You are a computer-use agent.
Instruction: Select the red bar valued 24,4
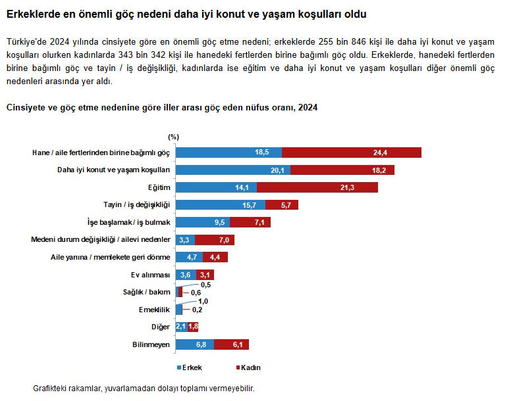tap(352, 153)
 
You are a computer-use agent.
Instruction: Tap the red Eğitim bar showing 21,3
tap(317, 187)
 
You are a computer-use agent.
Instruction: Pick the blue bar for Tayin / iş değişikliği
tap(221, 204)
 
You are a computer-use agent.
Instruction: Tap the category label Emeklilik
tap(154, 309)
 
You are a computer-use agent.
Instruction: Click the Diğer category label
tap(161, 327)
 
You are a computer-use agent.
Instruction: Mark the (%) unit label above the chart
tap(173, 137)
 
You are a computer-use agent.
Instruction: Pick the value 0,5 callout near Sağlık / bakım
tap(205, 285)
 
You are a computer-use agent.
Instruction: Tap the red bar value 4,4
tap(214, 257)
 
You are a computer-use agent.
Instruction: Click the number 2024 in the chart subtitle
tap(308, 108)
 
